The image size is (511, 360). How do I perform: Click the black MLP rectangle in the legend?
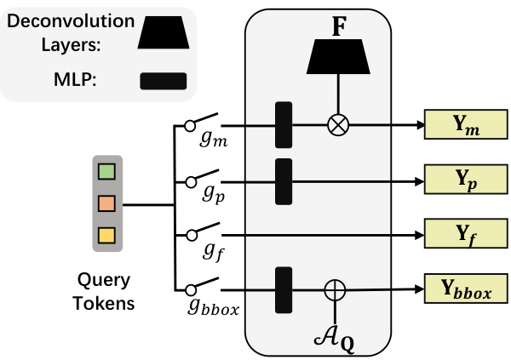(164, 82)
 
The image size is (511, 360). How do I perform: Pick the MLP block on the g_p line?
(284, 180)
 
